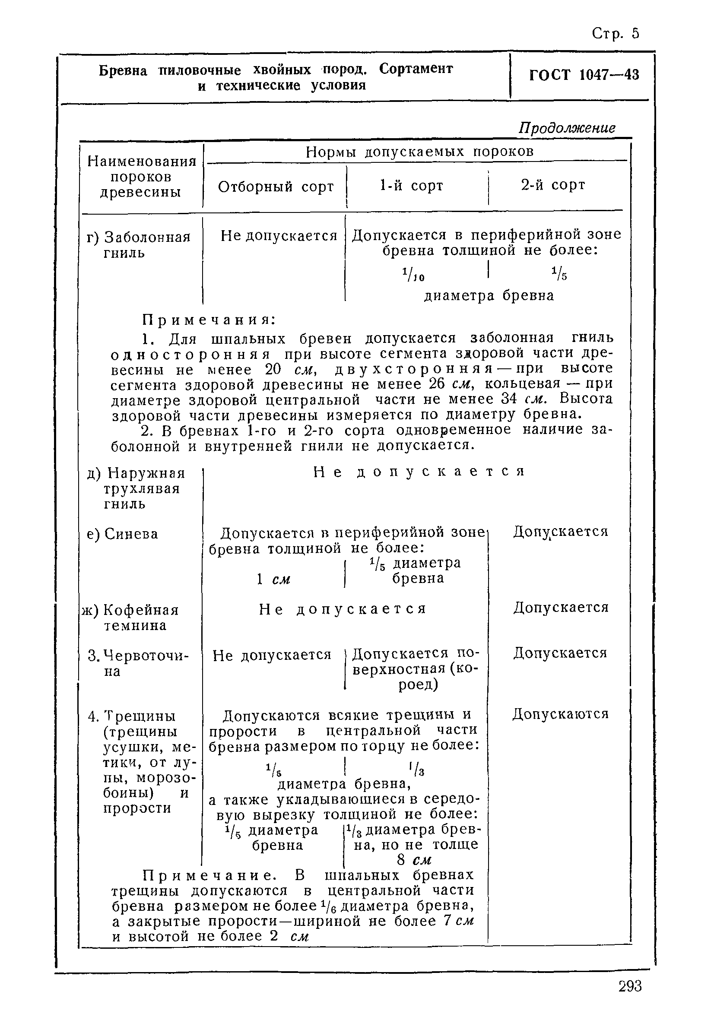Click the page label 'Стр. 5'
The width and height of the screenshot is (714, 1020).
[x=616, y=34]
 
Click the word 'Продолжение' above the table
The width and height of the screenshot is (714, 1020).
[x=567, y=128]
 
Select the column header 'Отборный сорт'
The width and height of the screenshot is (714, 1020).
[x=276, y=187]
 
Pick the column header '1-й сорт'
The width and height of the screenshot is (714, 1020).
[x=412, y=185]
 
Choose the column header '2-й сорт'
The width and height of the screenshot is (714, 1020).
[x=553, y=184]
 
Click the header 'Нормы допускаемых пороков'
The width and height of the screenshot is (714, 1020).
[x=419, y=152]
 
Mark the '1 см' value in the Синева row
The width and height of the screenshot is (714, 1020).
[x=273, y=579]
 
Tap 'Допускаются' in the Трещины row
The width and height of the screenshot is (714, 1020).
[x=560, y=714]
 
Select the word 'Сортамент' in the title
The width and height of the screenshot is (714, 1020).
[x=416, y=69]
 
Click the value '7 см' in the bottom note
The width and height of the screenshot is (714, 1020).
[x=459, y=921]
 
